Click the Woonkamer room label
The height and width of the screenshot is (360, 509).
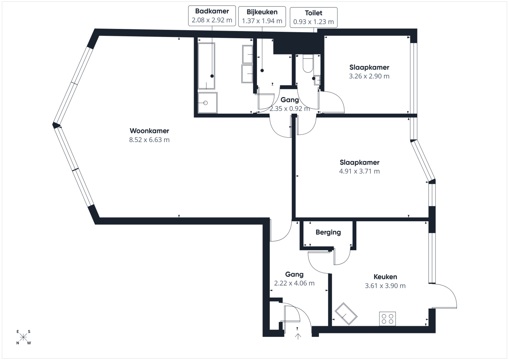(149, 131)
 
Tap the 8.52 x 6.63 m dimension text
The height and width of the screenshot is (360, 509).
(149, 140)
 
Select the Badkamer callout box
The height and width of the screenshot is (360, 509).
(212, 16)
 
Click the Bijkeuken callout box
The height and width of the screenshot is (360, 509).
(262, 17)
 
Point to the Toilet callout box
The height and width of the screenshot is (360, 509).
(314, 18)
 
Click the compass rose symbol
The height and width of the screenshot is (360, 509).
(23, 337)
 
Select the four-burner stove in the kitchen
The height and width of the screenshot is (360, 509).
(387, 319)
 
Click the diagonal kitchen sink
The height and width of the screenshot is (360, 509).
(346, 313)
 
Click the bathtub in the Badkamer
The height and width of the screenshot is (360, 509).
(206, 66)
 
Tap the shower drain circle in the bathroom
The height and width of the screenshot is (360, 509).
(206, 103)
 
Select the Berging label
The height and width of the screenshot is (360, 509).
(328, 232)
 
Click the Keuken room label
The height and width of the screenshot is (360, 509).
(385, 276)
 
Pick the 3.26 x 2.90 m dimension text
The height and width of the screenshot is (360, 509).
(369, 76)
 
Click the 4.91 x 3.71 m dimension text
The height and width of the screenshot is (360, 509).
(359, 171)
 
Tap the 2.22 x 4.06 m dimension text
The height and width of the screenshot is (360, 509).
(294, 283)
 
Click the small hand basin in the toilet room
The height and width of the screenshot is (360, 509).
(317, 80)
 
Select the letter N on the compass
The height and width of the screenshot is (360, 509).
(17, 343)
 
